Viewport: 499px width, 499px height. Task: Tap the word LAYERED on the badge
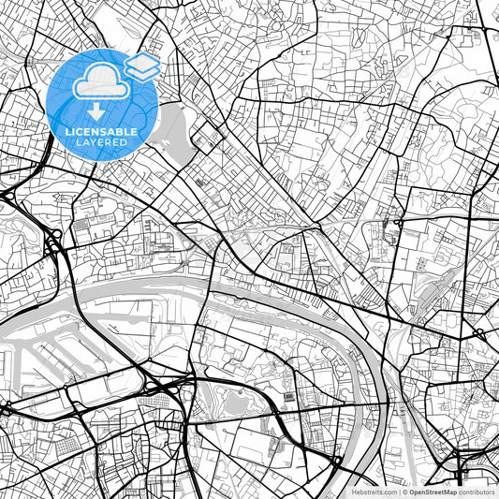click(x=103, y=142)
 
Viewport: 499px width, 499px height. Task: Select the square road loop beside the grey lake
click(x=202, y=139)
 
